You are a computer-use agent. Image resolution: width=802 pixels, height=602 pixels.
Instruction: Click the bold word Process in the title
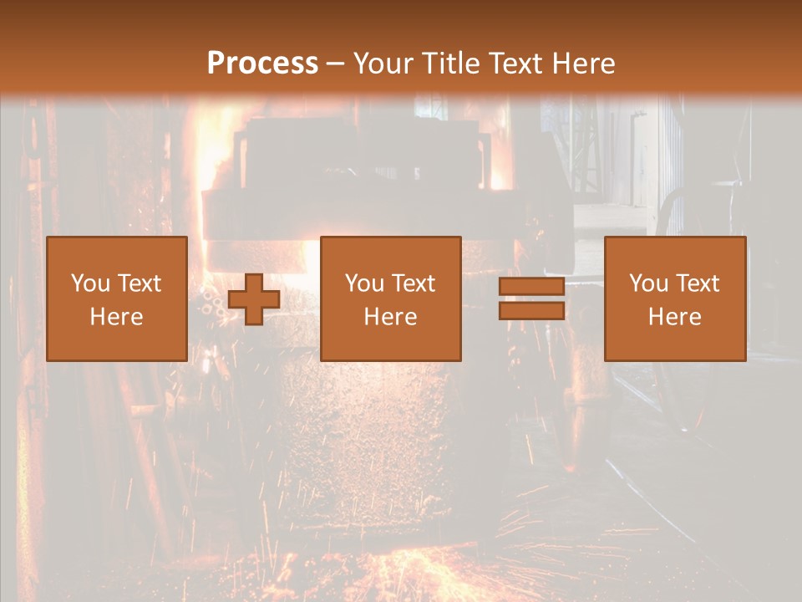click(x=262, y=64)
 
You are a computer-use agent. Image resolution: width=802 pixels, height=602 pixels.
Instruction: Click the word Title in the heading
click(x=453, y=64)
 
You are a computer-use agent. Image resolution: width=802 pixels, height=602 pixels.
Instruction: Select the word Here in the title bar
click(x=582, y=64)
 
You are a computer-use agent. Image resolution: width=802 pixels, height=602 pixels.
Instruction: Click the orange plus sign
click(x=254, y=299)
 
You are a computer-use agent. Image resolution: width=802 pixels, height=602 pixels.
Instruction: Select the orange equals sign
click(x=531, y=298)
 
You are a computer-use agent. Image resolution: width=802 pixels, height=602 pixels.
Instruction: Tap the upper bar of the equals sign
click(x=531, y=287)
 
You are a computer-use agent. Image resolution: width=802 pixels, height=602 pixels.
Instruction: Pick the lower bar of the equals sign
click(x=531, y=310)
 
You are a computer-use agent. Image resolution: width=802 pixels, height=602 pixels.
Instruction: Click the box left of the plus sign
click(x=116, y=298)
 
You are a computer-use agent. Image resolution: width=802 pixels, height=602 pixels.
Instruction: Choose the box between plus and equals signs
click(x=390, y=298)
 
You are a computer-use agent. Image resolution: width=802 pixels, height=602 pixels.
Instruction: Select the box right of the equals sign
click(x=674, y=298)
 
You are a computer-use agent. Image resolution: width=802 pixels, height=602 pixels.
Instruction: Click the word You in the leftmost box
click(x=89, y=283)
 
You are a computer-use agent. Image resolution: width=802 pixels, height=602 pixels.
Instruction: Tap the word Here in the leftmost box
click(x=116, y=317)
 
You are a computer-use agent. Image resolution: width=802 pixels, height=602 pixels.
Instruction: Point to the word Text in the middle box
click(x=414, y=283)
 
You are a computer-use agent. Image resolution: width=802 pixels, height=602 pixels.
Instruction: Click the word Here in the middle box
click(x=390, y=317)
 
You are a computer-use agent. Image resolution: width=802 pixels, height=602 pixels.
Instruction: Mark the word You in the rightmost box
click(x=647, y=283)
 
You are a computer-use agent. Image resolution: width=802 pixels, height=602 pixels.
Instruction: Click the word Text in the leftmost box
click(x=139, y=283)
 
